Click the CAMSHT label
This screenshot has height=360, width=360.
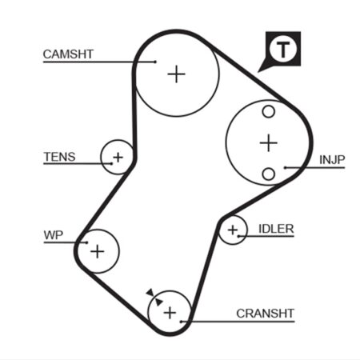(x=68, y=54)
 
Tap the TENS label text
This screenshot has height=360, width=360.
(x=59, y=157)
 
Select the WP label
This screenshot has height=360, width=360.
(x=54, y=235)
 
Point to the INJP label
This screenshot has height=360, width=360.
(x=332, y=160)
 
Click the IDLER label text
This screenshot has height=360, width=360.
(x=276, y=229)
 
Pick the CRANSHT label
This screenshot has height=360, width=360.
(x=265, y=314)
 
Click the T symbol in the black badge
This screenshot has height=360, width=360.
(x=283, y=50)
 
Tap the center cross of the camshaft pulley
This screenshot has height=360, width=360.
(x=176, y=74)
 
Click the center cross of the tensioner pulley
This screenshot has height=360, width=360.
(x=118, y=157)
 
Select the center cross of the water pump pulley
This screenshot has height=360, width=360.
(x=98, y=251)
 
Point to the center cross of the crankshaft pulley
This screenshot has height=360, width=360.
(x=170, y=313)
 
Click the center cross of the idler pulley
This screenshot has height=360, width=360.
(x=233, y=230)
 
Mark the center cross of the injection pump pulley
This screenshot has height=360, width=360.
(x=269, y=143)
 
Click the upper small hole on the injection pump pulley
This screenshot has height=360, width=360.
(x=269, y=112)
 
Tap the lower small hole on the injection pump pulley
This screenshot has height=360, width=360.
(x=269, y=174)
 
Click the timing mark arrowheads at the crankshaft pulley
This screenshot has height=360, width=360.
(x=154, y=297)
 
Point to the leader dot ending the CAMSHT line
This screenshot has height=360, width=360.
(x=155, y=62)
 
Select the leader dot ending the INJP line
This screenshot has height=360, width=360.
(x=285, y=168)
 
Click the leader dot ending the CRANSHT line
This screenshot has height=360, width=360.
(x=181, y=322)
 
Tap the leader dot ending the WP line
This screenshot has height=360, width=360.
(x=86, y=242)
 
